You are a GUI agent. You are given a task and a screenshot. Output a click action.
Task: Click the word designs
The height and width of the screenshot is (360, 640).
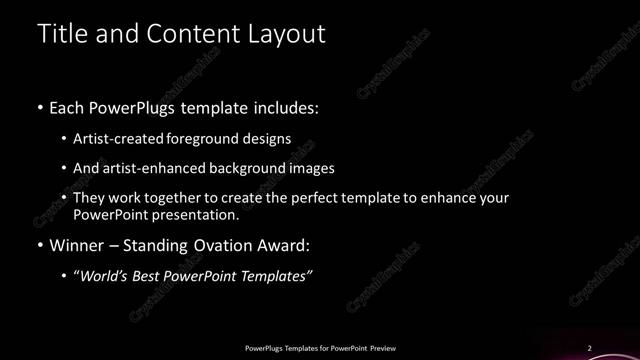pyautogui.click(x=270, y=138)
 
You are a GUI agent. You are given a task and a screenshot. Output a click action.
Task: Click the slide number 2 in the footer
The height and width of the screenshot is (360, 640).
pyautogui.click(x=589, y=348)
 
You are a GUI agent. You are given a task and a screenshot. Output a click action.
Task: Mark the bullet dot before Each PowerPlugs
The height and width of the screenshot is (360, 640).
pyautogui.click(x=40, y=107)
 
